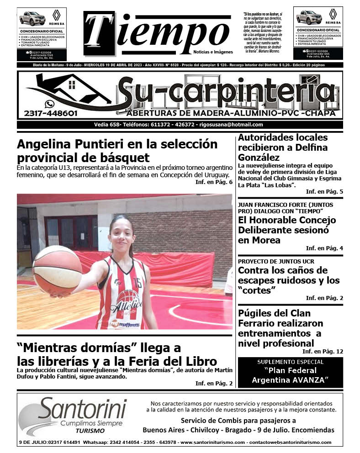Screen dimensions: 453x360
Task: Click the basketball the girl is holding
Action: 57,270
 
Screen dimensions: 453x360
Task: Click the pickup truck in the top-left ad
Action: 32,19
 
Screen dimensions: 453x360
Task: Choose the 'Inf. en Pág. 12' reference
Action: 323,352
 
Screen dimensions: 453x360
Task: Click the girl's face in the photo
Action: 122,233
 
